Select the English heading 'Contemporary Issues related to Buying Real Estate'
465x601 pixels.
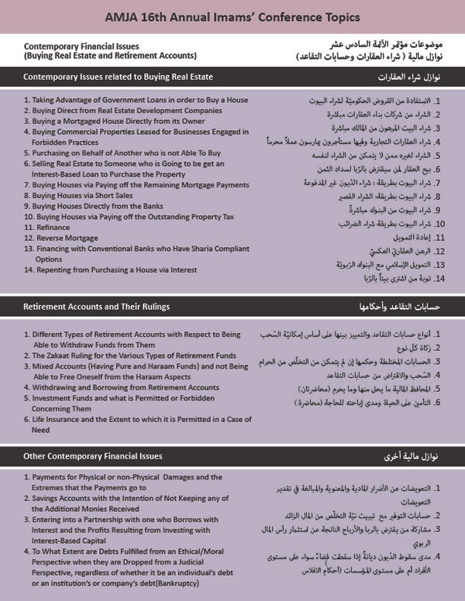coord(118,77)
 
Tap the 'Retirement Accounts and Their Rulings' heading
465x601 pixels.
coord(96,307)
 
